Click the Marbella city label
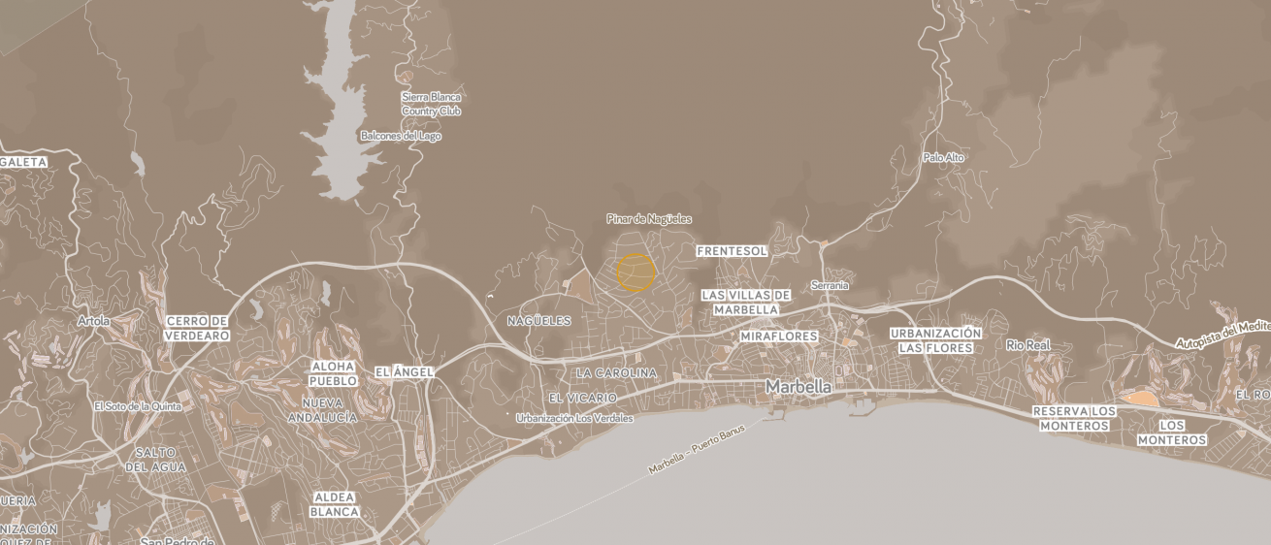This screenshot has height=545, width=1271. (798, 386)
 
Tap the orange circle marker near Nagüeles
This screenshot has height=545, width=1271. (636, 272)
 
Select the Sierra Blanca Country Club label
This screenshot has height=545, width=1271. (431, 104)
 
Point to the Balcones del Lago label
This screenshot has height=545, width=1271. (401, 136)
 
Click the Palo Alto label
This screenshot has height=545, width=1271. (943, 157)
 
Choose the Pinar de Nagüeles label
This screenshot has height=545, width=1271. (649, 219)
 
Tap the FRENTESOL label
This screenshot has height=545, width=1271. (732, 251)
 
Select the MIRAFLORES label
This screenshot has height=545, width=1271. (778, 337)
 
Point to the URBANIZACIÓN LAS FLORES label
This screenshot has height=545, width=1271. (935, 340)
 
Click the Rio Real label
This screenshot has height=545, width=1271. (1028, 345)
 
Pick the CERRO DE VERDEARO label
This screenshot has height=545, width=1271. (197, 328)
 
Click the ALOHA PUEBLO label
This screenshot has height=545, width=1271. (333, 373)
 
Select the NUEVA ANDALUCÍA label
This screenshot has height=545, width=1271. (322, 410)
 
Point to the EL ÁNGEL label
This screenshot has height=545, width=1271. (404, 371)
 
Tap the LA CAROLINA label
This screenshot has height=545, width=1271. (616, 372)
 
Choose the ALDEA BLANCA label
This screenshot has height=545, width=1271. (336, 504)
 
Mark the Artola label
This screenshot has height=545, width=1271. (94, 321)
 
